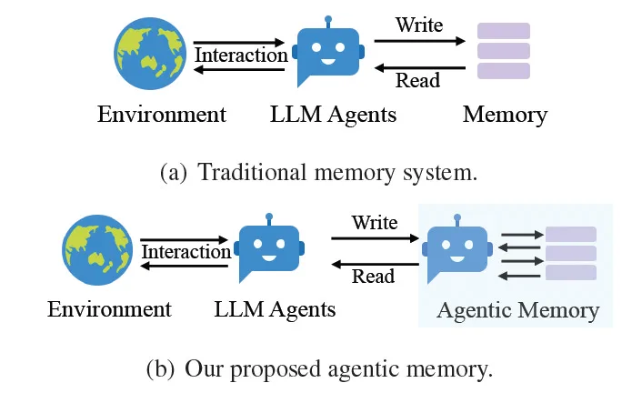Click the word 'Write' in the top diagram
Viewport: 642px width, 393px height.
pos(419,25)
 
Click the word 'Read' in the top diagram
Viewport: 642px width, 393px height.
pos(418,81)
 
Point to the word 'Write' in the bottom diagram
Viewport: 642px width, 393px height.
pos(375,222)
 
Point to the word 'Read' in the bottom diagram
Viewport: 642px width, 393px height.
pos(373,277)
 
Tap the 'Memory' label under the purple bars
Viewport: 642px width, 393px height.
pos(505,115)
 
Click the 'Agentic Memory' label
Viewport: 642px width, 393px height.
pos(518,310)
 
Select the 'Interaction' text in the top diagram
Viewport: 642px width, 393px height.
pos(242,55)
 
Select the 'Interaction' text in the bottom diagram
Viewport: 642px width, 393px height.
pos(186,251)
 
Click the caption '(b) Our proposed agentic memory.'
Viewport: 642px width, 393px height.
pos(319,369)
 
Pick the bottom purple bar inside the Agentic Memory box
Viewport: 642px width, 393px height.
pos(570,273)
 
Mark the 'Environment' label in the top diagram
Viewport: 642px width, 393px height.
pos(161,115)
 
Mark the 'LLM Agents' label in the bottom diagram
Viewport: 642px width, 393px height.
pos(275,309)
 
